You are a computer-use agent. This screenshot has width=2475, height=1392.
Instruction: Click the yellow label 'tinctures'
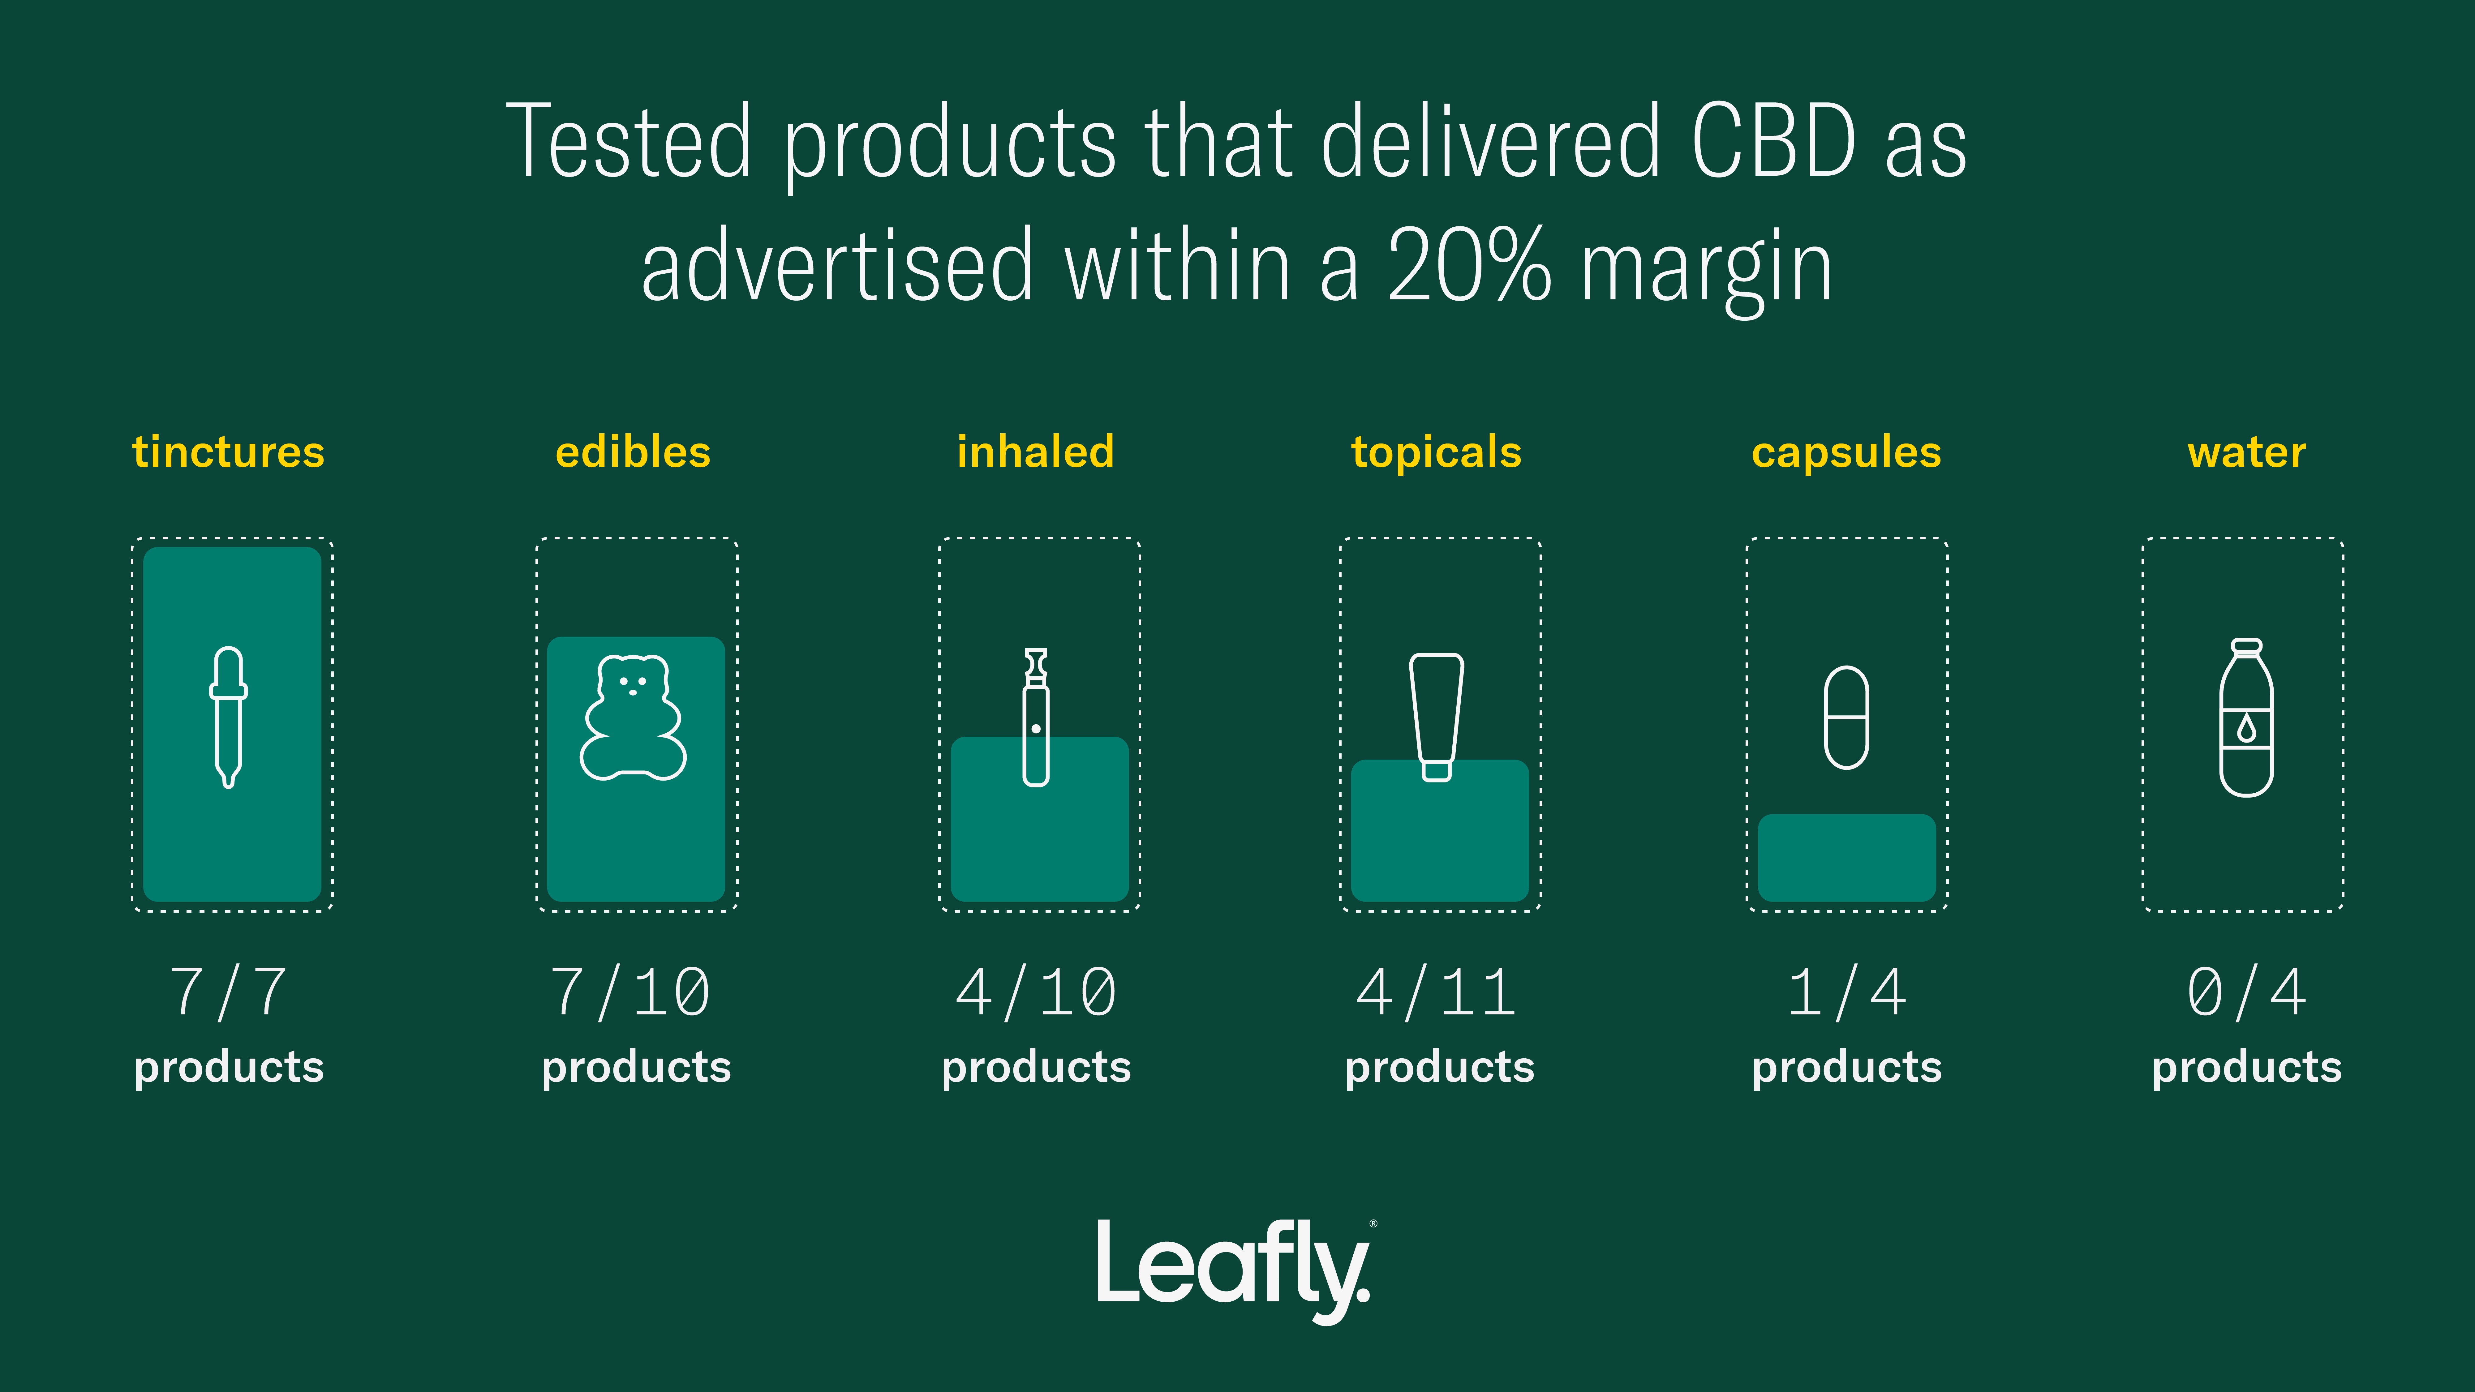tap(229, 452)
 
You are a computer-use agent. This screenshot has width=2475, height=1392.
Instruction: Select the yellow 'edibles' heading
tap(633, 452)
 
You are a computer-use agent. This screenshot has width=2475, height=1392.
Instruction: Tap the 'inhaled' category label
tap(1036, 452)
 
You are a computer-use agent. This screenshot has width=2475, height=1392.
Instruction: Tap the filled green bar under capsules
tap(1847, 858)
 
